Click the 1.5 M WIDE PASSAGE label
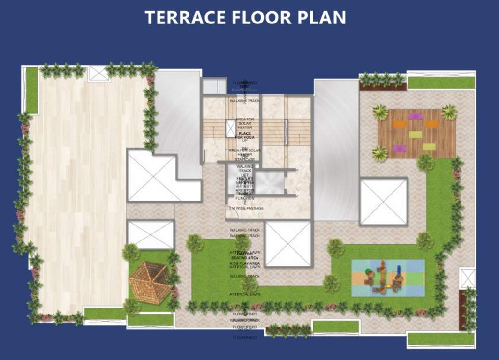point(245,208)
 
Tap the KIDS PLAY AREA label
point(245,264)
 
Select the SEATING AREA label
point(245,258)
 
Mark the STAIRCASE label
point(245,160)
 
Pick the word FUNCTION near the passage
point(245,198)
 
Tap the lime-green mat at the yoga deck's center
point(416,135)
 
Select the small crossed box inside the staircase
point(230,128)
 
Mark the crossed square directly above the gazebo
point(151,235)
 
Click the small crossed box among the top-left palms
point(98,74)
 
